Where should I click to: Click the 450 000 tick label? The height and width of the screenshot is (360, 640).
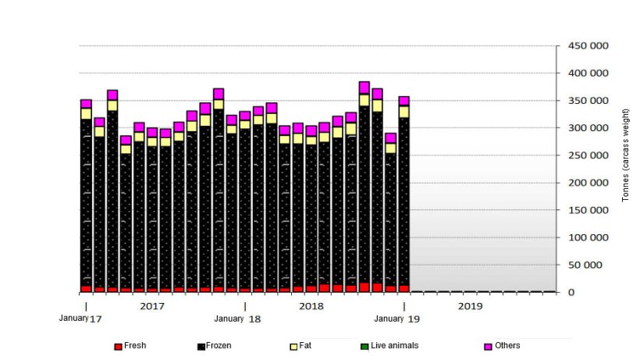[586, 45]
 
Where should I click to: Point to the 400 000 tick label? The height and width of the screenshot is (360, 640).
[586, 73]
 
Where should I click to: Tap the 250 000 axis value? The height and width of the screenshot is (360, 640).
[586, 155]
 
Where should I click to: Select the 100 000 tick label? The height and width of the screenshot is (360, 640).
[586, 237]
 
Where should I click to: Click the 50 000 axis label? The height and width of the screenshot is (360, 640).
[589, 265]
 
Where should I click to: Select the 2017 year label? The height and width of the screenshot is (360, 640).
[151, 306]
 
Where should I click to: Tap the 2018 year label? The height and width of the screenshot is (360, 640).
[311, 306]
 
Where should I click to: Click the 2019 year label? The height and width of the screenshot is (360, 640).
[470, 306]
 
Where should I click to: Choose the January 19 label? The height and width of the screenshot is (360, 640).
[400, 319]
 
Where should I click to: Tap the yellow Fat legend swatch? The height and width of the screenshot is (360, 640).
[293, 346]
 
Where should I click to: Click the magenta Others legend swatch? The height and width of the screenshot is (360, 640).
[488, 346]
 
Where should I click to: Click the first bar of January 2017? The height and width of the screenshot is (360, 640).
[86, 195]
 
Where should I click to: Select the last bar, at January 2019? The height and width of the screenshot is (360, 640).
[404, 195]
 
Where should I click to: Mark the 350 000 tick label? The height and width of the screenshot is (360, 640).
[586, 101]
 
